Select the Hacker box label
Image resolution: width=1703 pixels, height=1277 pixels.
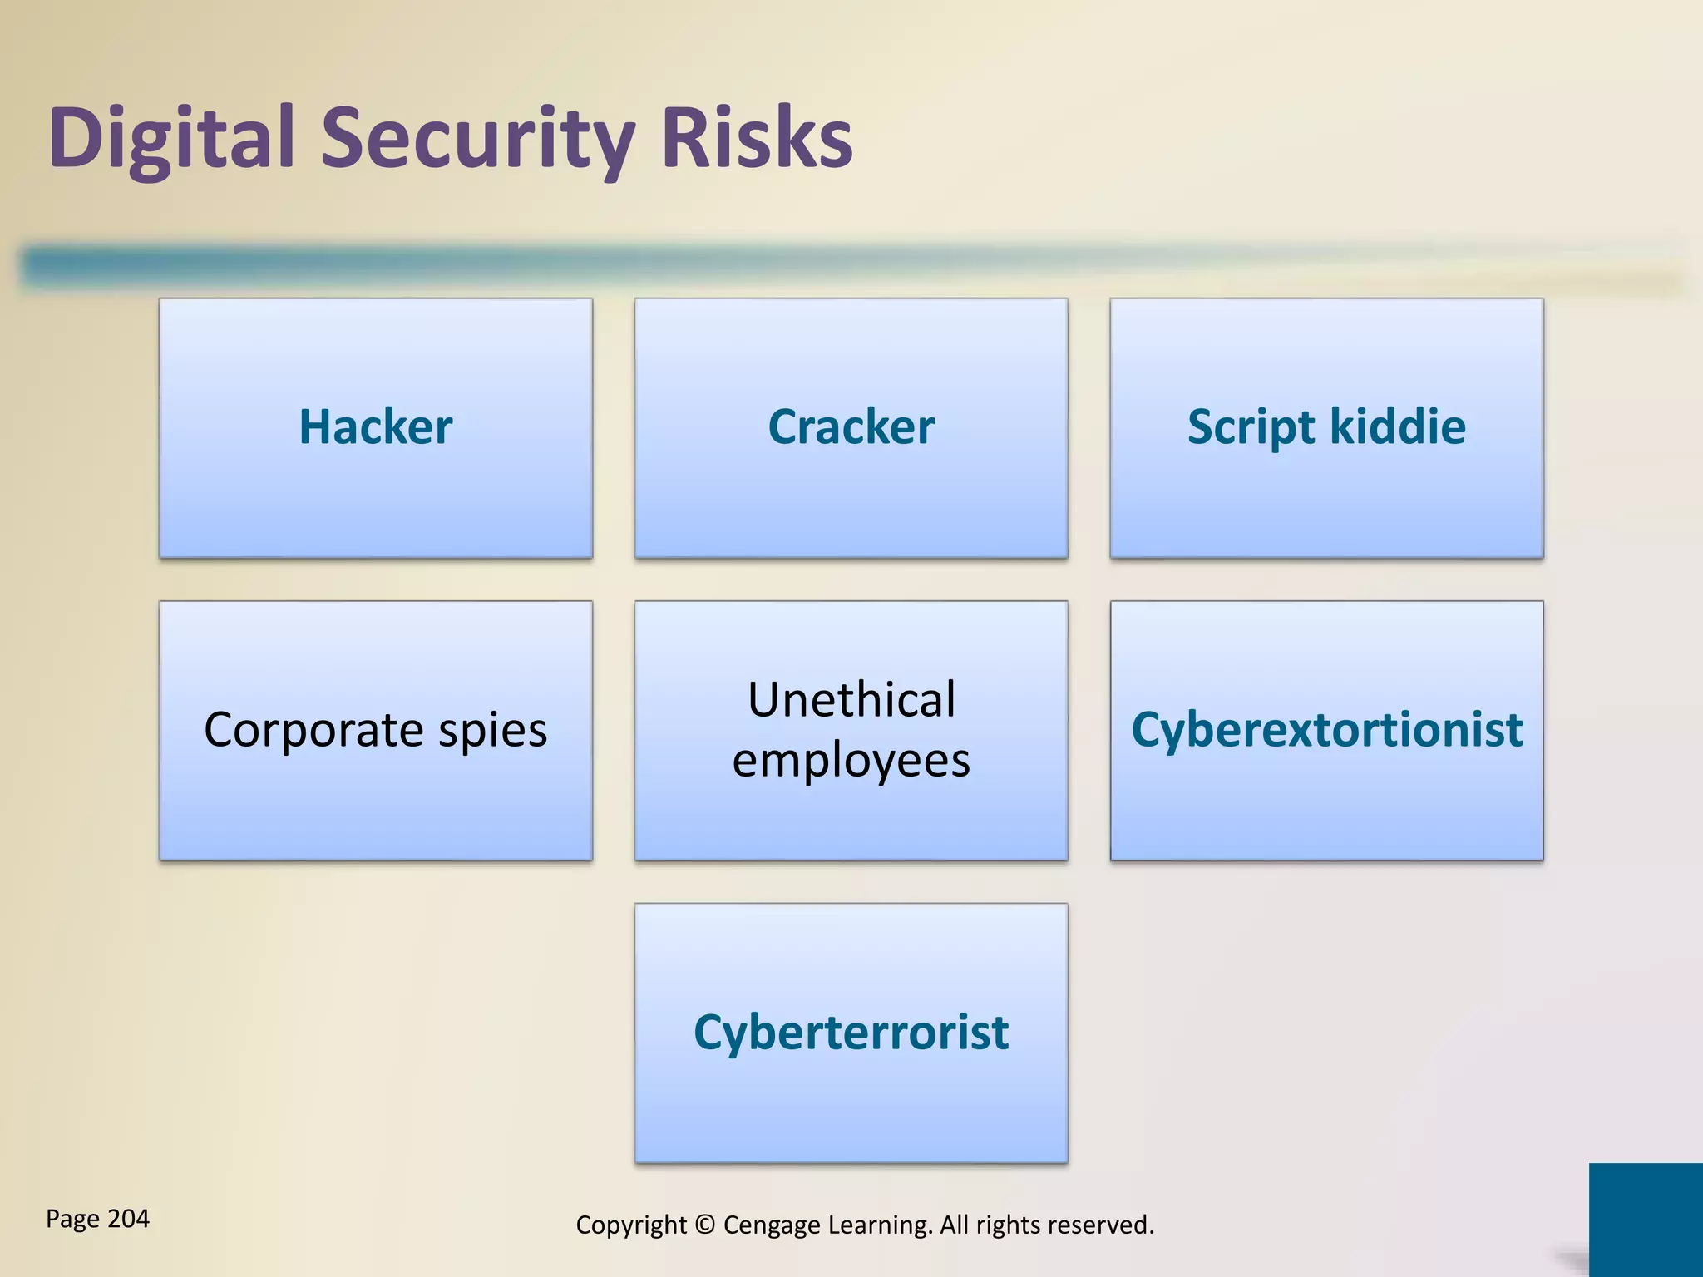click(x=376, y=426)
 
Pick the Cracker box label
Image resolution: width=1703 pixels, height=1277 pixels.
click(x=851, y=426)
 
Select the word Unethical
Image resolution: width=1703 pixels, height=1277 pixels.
click(x=851, y=699)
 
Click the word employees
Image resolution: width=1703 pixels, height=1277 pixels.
click(x=851, y=761)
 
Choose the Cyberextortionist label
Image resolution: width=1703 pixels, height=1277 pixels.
click(x=1326, y=729)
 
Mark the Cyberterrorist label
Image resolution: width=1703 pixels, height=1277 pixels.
click(x=851, y=1033)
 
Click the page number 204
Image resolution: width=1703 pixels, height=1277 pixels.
click(x=129, y=1219)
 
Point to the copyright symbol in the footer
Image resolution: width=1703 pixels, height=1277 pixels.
click(x=704, y=1225)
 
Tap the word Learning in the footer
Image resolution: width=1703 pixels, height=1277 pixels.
click(x=880, y=1225)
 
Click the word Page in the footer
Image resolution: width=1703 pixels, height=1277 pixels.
click(x=72, y=1220)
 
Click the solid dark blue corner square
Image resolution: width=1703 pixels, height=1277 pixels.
click(x=1646, y=1220)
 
